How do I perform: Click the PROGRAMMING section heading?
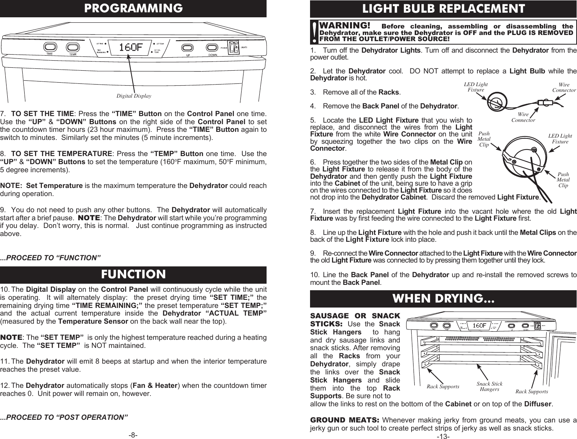tap(133, 8)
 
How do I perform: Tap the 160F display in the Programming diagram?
tap(130, 47)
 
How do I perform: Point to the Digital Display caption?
tap(133, 96)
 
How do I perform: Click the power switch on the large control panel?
tap(232, 47)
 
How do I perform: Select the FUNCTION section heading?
tap(133, 274)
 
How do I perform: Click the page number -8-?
tap(133, 435)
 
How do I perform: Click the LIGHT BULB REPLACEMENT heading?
tap(443, 8)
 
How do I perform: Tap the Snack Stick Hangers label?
tap(489, 386)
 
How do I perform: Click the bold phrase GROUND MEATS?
tap(345, 419)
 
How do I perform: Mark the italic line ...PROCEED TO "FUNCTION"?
tap(50, 257)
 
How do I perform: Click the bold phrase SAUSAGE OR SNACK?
tap(355, 316)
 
